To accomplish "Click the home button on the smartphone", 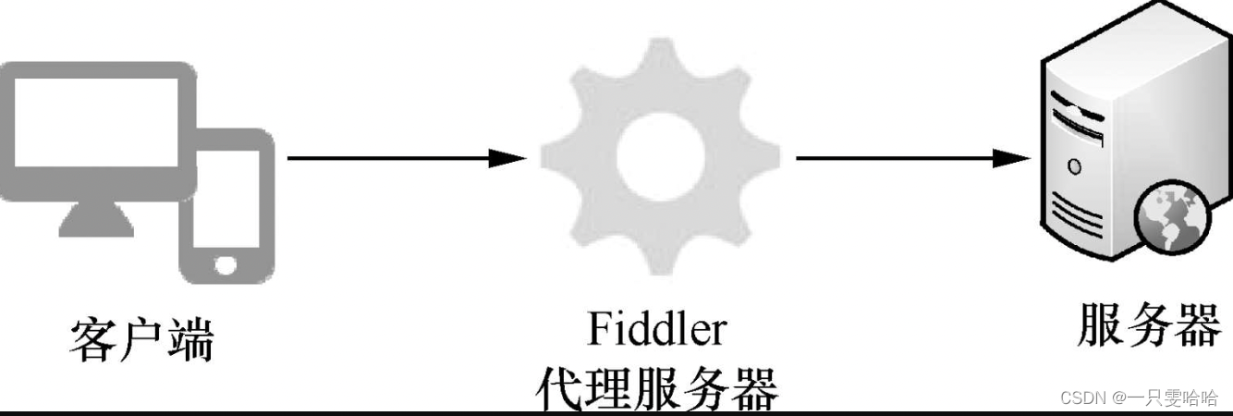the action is click(x=226, y=264).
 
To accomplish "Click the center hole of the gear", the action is click(x=654, y=158).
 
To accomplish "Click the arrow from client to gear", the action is click(x=397, y=158).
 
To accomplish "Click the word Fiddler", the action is click(x=656, y=330).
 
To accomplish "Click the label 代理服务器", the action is click(x=656, y=388).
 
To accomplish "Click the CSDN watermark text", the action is click(x=1138, y=398).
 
